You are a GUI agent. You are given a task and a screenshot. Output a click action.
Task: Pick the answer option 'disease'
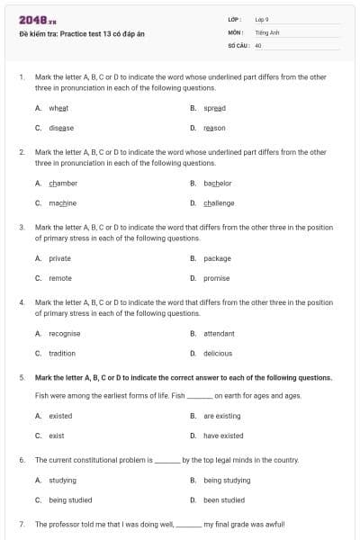coord(61,128)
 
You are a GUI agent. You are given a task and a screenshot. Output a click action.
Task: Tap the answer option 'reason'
coord(214,128)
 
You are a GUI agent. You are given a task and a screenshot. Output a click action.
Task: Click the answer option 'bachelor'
coord(218,183)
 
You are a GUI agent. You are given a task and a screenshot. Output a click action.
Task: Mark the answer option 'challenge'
coord(219,202)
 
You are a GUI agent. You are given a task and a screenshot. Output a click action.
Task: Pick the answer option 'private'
coord(59,258)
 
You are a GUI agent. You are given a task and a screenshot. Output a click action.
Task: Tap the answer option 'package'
coord(217,258)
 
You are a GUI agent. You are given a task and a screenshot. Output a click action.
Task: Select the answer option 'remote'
coord(60,278)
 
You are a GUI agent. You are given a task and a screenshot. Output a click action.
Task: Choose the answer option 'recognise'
coord(64,333)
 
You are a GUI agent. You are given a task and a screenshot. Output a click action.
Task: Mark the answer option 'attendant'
coord(219,333)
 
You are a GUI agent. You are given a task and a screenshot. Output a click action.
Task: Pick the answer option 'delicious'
coord(218,354)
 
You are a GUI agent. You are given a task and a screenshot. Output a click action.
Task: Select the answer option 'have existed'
coord(223,436)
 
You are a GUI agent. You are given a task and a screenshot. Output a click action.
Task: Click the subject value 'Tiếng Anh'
coord(265,31)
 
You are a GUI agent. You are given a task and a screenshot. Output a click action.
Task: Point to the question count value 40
coord(258,43)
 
